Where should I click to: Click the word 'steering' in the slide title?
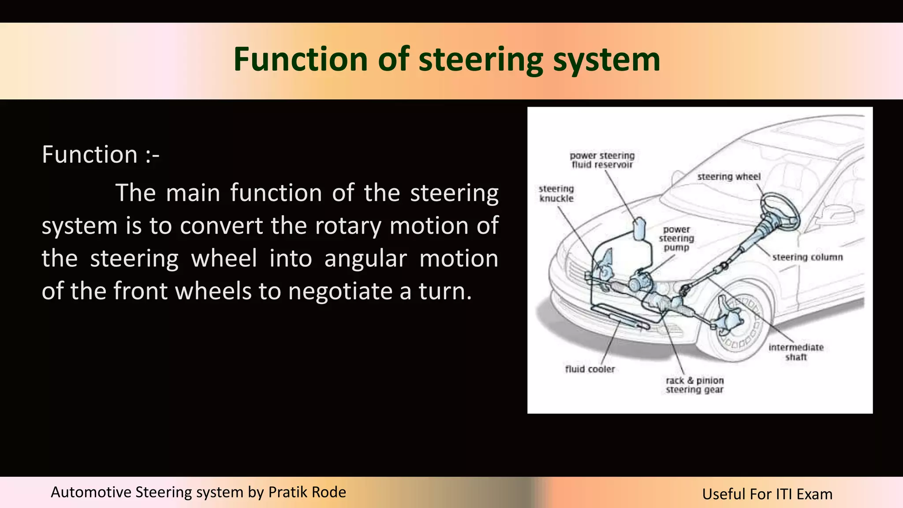tap(481, 60)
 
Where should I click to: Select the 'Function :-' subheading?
tap(101, 155)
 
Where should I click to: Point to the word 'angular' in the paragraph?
tap(366, 258)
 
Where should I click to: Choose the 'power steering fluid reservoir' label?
tap(602, 160)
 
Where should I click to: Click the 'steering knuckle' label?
tap(556, 194)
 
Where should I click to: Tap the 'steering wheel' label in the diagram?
tap(729, 177)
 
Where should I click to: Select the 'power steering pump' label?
tap(676, 239)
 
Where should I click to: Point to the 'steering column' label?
tap(807, 257)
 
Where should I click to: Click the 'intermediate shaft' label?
tap(796, 352)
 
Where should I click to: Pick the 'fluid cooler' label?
tap(590, 369)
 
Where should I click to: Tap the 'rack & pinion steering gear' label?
tap(694, 385)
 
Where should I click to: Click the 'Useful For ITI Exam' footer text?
tap(767, 494)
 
